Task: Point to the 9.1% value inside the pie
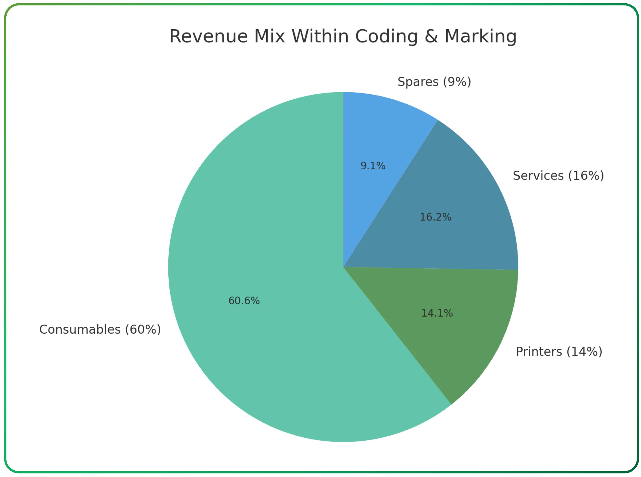(x=373, y=166)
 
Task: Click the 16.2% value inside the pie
(x=435, y=217)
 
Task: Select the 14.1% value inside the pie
(x=437, y=313)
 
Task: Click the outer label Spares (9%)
(x=434, y=82)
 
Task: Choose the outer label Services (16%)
(x=558, y=176)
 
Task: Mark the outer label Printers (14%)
(x=559, y=352)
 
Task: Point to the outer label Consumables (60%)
(x=100, y=329)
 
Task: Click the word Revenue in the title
(x=208, y=36)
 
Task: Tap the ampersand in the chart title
(x=431, y=36)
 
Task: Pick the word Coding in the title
(x=386, y=37)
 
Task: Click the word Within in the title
(x=320, y=36)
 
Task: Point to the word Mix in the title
(x=269, y=36)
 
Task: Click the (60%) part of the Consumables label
(x=143, y=329)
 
